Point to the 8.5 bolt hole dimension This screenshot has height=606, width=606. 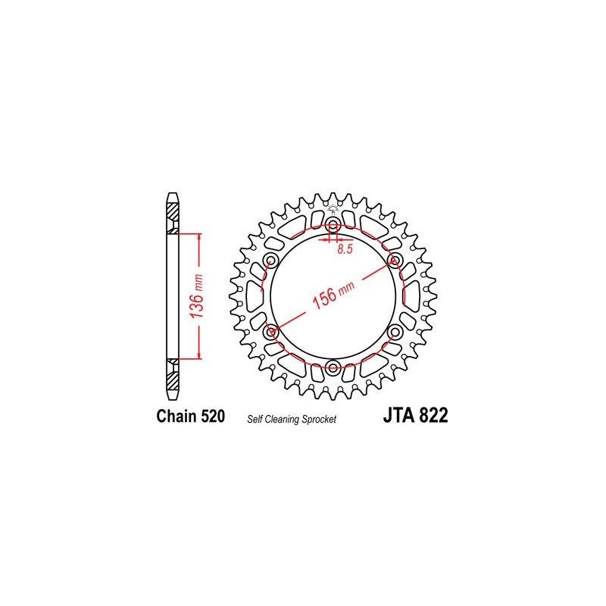click(x=345, y=249)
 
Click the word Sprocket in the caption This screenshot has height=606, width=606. click(x=319, y=419)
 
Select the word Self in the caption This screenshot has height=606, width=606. click(x=255, y=419)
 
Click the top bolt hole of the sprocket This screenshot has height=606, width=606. click(x=333, y=225)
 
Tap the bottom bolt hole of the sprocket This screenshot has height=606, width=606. click(x=333, y=367)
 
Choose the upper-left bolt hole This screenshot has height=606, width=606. click(x=272, y=261)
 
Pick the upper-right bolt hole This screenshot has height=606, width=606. click(x=395, y=261)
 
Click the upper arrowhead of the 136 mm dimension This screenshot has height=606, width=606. click(x=199, y=237)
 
